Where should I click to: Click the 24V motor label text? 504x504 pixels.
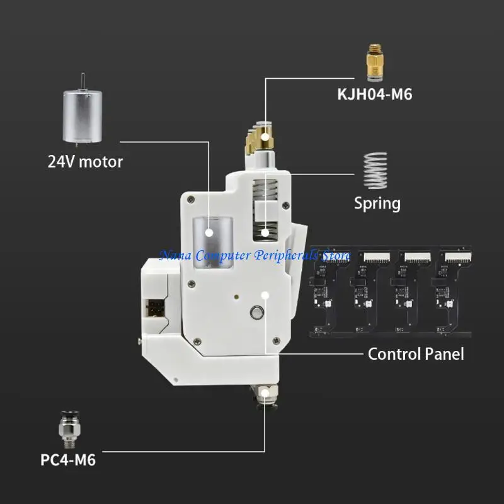tap(85, 161)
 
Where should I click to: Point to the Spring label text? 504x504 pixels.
tap(377, 203)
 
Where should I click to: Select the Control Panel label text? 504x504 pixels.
tap(415, 353)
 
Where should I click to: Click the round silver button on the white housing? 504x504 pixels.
tap(256, 312)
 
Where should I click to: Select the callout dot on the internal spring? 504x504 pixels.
tap(266, 232)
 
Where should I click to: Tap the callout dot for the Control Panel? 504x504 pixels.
tap(265, 294)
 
